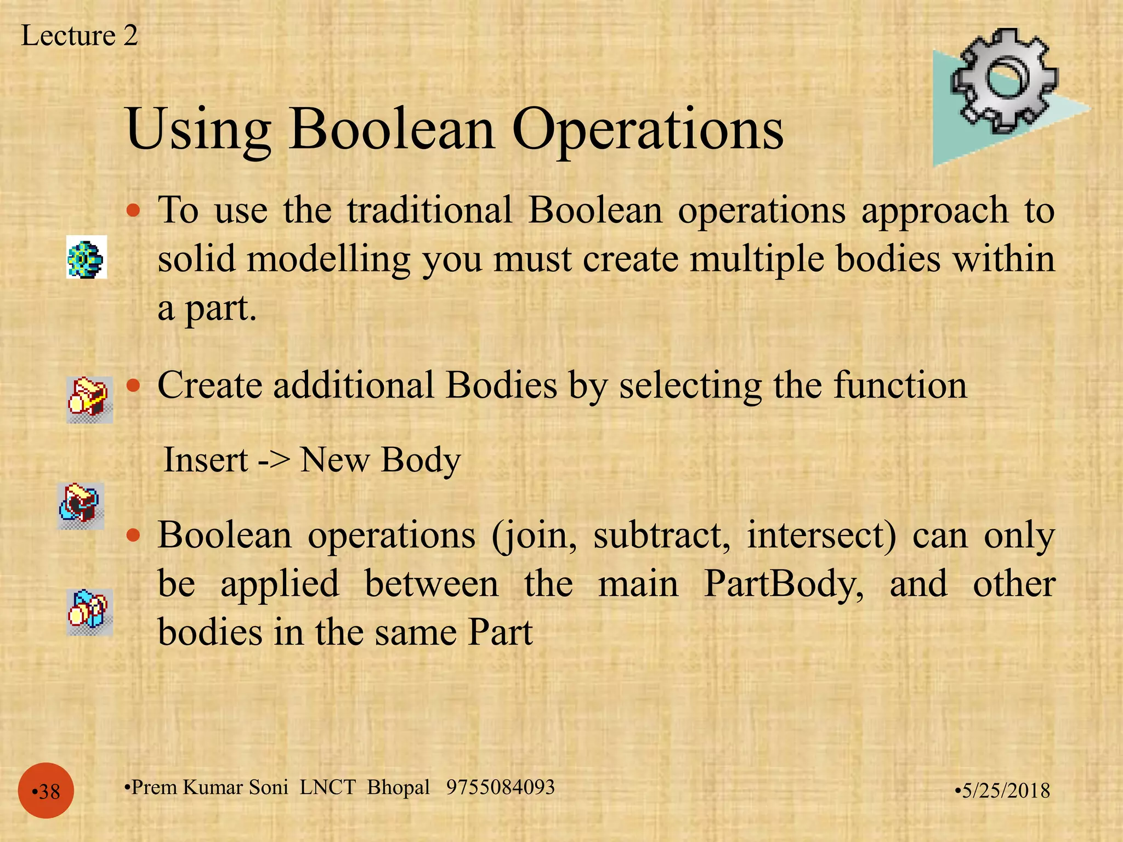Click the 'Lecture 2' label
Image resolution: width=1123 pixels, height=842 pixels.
tap(79, 36)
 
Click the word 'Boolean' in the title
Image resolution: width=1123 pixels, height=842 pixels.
tap(392, 129)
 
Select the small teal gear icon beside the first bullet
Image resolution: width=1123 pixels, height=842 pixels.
tap(87, 257)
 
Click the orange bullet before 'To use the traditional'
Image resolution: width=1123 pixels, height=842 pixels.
tap(133, 210)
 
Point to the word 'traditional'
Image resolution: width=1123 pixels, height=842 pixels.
tap(429, 210)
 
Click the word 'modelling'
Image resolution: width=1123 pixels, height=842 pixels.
tap(328, 260)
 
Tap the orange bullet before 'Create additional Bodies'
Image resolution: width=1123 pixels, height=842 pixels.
tap(133, 385)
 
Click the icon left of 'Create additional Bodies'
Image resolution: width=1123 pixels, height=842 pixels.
tap(89, 399)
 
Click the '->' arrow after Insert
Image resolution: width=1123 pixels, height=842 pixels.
tap(273, 460)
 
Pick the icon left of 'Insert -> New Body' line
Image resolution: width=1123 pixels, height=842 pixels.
tap(81, 505)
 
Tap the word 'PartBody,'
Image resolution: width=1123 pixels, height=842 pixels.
tap(784, 584)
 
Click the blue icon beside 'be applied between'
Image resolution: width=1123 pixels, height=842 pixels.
tap(89, 612)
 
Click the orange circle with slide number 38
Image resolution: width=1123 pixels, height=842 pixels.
tap(46, 790)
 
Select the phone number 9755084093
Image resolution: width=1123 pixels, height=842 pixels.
tap(500, 787)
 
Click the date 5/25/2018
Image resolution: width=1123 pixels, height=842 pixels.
tap(1003, 790)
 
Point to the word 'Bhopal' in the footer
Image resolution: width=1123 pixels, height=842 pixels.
tap(398, 788)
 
